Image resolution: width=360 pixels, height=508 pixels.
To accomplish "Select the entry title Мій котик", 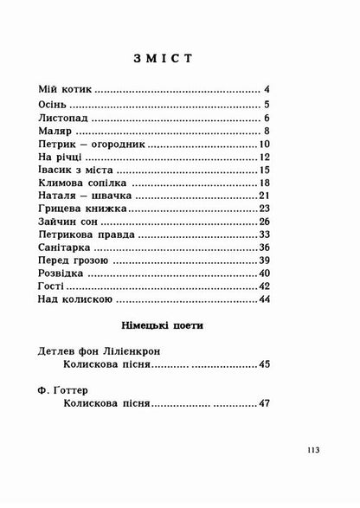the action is pyautogui.click(x=67, y=89).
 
